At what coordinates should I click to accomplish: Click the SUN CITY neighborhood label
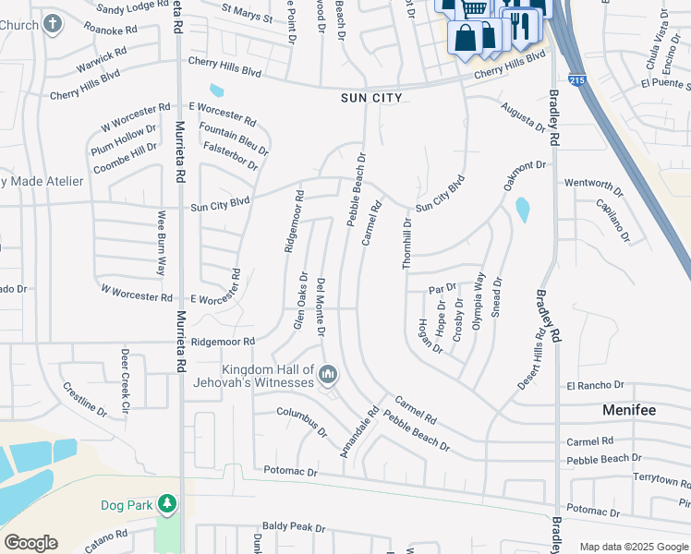point(373,97)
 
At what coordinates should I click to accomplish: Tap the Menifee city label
point(629,408)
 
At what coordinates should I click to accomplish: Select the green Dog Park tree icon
point(166,504)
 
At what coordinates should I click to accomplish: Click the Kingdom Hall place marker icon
point(328,374)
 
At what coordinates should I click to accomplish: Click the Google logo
point(30,543)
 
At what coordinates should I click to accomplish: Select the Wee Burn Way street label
point(161,243)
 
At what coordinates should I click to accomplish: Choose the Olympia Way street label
point(479,301)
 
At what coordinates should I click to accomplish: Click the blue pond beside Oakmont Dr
point(523,210)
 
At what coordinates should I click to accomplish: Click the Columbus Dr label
point(303,420)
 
